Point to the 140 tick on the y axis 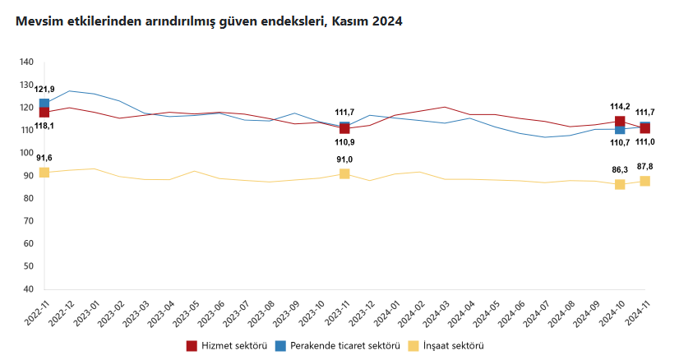(x=25, y=62)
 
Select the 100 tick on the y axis (x=25, y=153)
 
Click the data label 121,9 (x=44, y=89)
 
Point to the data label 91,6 (x=44, y=158)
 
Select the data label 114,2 (x=620, y=106)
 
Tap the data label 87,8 (x=645, y=167)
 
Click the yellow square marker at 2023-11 (x=344, y=173)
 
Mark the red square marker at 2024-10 (x=620, y=122)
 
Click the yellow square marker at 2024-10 (x=620, y=184)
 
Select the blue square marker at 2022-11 (x=44, y=104)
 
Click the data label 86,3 (x=620, y=169)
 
